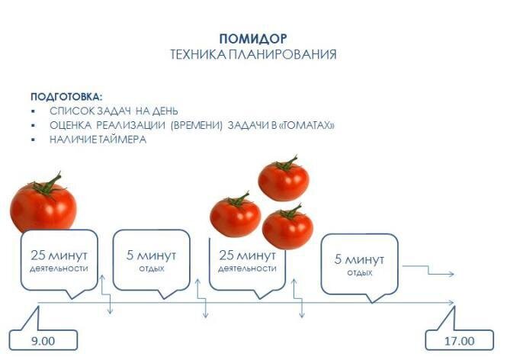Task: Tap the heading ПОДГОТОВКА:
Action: click(x=66, y=97)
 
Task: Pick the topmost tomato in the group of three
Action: click(x=284, y=180)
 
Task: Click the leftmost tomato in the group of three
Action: click(x=235, y=215)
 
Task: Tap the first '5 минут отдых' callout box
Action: click(x=152, y=259)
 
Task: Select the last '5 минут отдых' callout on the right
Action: click(x=359, y=263)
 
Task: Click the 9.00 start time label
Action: click(x=43, y=341)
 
